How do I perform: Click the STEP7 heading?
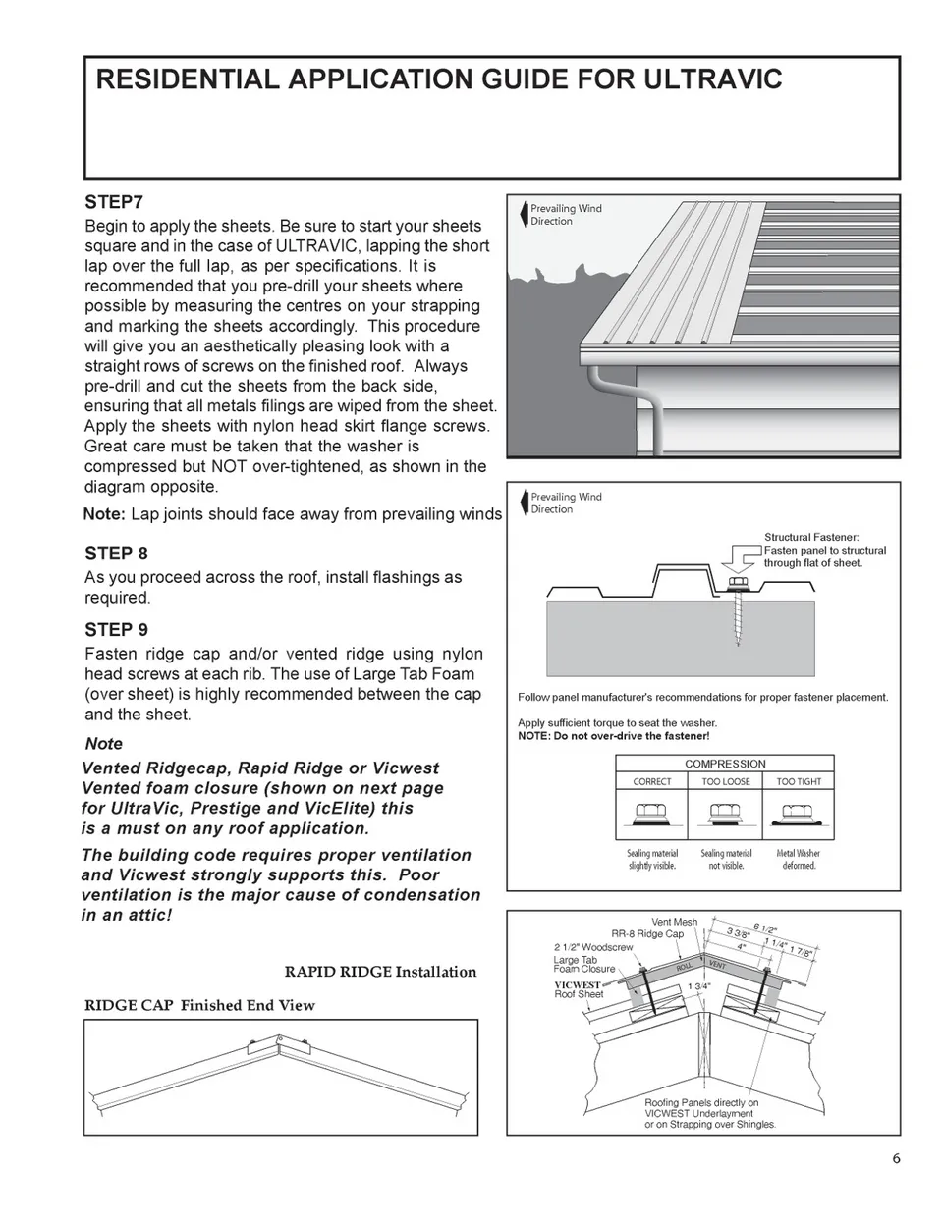114,202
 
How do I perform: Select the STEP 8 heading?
116,554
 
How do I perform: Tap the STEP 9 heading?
116,630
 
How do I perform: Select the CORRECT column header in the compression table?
652,782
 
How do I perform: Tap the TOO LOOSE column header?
726,782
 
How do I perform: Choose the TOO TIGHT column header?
799,782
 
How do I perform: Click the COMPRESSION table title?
725,764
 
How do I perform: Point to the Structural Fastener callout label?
811,538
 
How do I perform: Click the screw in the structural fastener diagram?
737,618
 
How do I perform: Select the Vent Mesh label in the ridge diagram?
674,922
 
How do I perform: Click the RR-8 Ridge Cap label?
647,934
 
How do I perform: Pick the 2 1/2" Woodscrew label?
593,948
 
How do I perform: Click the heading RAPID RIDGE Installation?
380,973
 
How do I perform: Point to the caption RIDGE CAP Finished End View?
199,1005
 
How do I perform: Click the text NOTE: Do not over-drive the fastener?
613,736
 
